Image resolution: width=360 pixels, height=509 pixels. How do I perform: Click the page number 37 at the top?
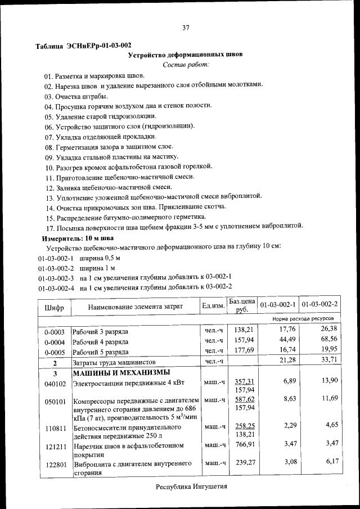(186, 28)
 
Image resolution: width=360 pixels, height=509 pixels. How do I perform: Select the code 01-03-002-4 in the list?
(56, 287)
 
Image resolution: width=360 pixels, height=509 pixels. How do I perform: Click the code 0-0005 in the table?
(55, 352)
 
